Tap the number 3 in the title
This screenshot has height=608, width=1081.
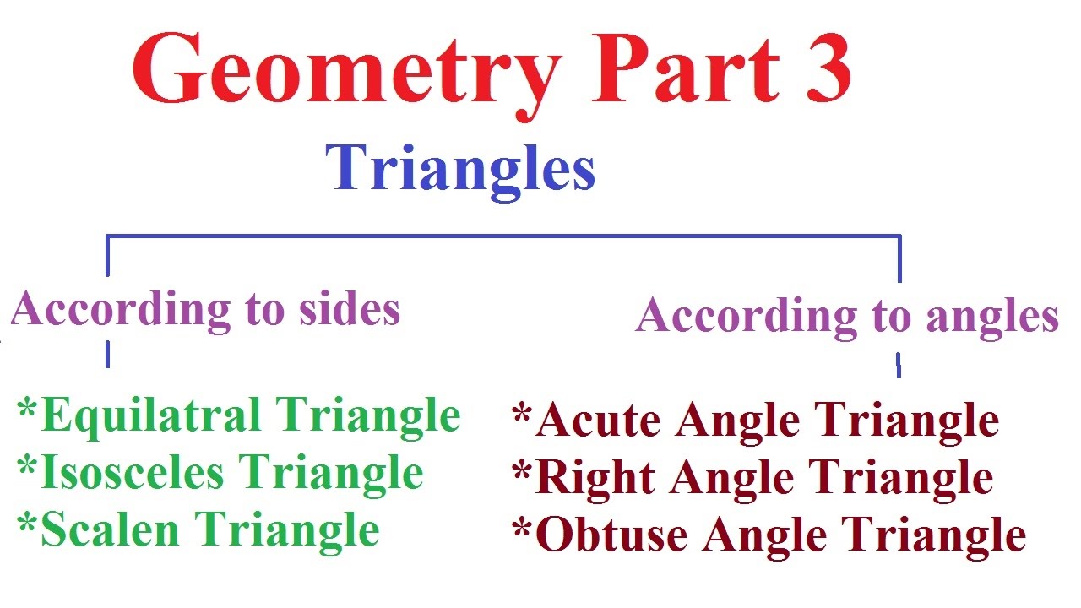tap(818, 69)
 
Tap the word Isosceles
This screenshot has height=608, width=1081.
tap(132, 473)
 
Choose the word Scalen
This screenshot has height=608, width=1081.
tap(110, 530)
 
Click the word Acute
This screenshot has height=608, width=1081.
tap(597, 421)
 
